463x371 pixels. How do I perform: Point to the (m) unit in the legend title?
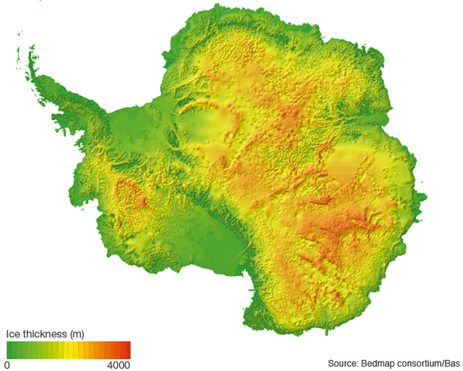pyautogui.click(x=75, y=333)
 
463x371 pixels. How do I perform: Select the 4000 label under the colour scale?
pyautogui.click(x=118, y=365)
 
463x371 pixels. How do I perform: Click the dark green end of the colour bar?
pyautogui.click(x=10, y=349)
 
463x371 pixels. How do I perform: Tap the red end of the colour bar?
pyautogui.click(x=127, y=349)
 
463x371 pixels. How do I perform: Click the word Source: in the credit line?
pyautogui.click(x=344, y=363)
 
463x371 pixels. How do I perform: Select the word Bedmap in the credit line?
pyautogui.click(x=381, y=363)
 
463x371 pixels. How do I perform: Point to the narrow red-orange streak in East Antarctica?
pyautogui.click(x=321, y=200)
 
